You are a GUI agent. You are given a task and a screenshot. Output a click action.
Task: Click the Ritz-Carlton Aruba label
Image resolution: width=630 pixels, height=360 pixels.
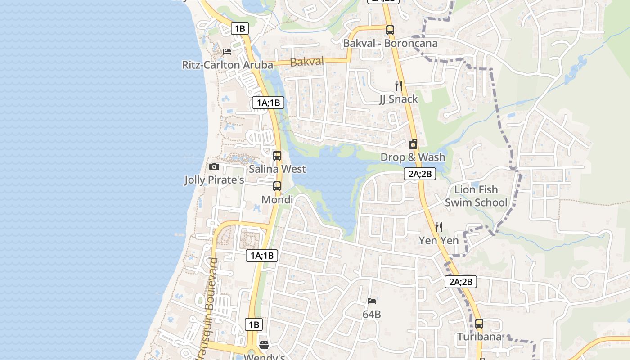[x=227, y=65]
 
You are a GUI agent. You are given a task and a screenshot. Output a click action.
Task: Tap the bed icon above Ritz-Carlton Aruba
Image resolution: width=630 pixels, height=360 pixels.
[x=227, y=52]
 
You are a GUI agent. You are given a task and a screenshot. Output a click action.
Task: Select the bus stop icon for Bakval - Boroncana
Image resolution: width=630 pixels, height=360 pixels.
[x=390, y=30]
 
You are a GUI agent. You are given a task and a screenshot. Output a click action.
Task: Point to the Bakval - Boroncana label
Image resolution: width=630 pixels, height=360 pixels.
[x=390, y=44]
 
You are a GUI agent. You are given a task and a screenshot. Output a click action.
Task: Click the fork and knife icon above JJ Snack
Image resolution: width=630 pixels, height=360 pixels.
[x=398, y=85]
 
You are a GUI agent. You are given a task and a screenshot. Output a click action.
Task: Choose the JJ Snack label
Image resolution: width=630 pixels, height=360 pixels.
[x=398, y=99]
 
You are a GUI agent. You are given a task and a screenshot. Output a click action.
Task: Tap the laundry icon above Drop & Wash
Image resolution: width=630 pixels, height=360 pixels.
[x=413, y=144]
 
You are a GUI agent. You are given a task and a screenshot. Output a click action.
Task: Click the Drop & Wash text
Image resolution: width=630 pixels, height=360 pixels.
[x=413, y=157]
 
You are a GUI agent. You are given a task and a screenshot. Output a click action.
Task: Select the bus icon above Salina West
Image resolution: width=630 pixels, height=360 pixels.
[x=277, y=156]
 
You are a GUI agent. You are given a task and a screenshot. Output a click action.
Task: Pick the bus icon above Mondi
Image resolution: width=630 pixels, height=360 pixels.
[x=277, y=186]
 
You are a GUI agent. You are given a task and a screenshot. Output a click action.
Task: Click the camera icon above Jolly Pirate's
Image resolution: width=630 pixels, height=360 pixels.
[x=214, y=167]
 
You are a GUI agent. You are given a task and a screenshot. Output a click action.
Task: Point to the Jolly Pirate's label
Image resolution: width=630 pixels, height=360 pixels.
[x=214, y=180]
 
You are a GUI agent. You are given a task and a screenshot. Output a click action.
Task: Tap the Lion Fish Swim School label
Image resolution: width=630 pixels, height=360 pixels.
[x=476, y=196]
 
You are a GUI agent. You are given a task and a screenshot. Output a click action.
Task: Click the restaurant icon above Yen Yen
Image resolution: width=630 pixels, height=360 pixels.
[x=439, y=227]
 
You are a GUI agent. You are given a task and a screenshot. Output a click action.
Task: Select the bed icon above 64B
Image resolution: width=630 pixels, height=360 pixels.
[x=372, y=301]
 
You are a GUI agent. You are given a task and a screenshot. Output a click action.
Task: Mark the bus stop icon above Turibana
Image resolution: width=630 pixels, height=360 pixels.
[x=479, y=323]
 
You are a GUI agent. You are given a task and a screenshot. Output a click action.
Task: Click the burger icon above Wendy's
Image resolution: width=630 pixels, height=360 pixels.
[x=264, y=345]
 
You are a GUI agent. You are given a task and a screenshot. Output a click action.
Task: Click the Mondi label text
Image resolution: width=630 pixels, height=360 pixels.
[x=277, y=199]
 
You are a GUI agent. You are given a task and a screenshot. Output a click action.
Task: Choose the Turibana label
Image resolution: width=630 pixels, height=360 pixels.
[x=479, y=337]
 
